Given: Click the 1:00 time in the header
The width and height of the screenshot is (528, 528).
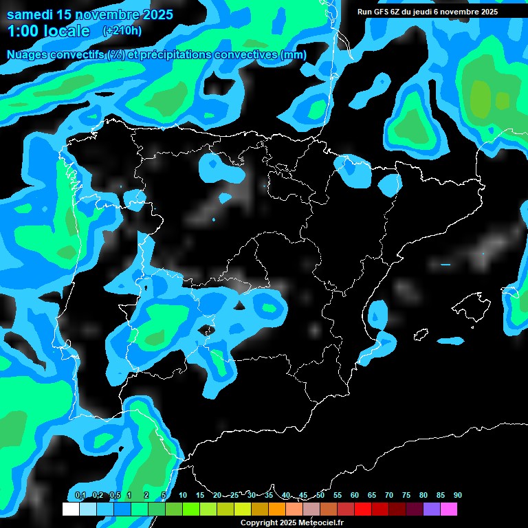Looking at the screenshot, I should pos(23,31).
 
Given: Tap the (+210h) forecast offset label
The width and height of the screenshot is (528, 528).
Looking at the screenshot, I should pos(122,30).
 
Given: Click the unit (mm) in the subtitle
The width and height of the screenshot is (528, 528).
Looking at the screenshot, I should pos(294,54).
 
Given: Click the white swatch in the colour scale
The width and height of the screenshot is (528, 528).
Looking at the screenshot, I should pos(70,509).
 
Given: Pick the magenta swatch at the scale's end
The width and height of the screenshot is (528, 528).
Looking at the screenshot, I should pos(448,509).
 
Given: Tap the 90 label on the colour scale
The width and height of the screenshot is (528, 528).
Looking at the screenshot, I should pos(457,496).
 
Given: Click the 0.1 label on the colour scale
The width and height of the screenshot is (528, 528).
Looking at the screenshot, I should pos(80,496).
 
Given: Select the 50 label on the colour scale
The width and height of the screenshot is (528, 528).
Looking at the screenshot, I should pos(320,496).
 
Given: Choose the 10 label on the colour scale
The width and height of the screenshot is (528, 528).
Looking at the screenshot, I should pos(183,496).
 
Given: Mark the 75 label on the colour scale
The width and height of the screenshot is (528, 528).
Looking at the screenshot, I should pos(406,496).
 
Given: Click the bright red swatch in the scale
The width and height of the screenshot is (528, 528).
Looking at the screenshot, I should pos(362,509).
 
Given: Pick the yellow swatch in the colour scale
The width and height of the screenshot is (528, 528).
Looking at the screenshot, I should pos(242,509).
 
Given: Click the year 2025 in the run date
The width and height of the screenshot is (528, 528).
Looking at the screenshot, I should pos(488,12).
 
